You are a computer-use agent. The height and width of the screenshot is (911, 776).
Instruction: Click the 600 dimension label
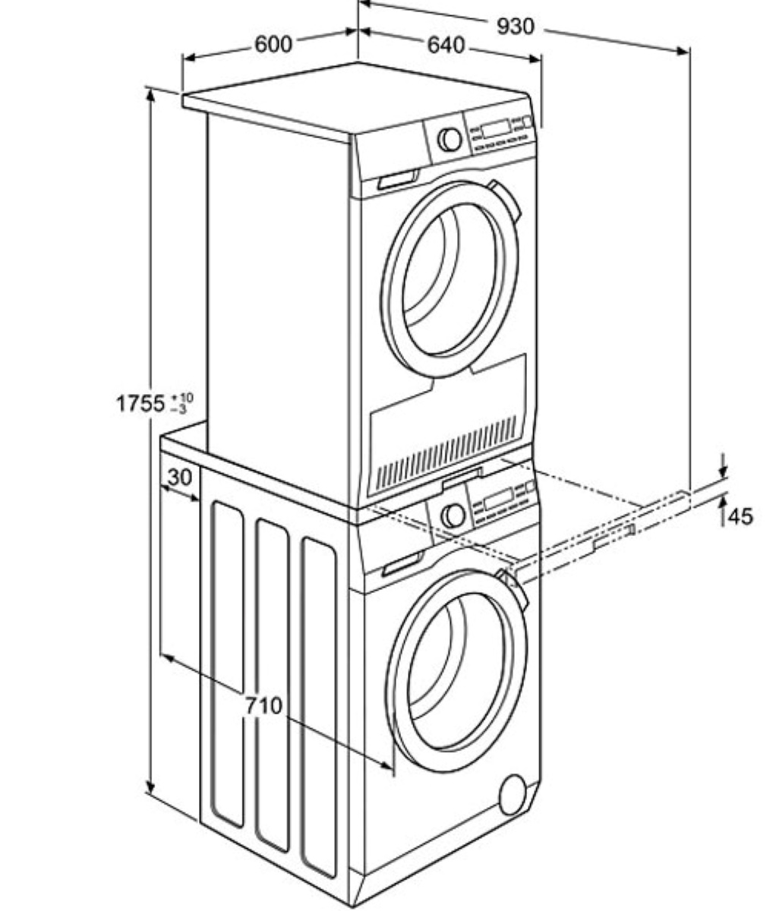pos(273,44)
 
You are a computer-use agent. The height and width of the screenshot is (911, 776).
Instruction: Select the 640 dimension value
pos(445,45)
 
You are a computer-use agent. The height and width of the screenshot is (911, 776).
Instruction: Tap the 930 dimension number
pos(516,27)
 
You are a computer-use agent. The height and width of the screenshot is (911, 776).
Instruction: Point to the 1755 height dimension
pos(140,403)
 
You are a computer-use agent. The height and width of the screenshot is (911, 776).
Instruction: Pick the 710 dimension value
pos(263,705)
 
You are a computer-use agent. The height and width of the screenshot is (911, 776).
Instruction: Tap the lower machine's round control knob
pos(454,515)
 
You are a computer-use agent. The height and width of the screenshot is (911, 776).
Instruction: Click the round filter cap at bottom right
pos(514,793)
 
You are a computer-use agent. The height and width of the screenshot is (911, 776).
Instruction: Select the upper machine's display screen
pos(495,127)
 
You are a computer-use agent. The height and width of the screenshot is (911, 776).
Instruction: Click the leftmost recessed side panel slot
pos(227,660)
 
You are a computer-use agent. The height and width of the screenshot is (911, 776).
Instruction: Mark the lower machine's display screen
pos(498,500)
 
